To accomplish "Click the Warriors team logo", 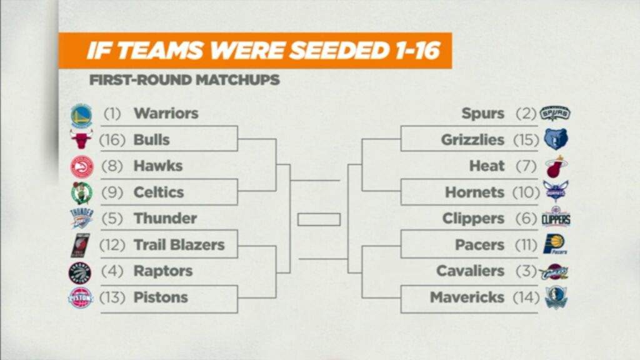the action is click(x=82, y=116).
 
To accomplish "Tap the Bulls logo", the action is click(x=82, y=139).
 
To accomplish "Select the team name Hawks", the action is click(x=158, y=166).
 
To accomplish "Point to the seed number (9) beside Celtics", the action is click(x=112, y=192).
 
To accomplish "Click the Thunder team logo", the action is click(x=82, y=218).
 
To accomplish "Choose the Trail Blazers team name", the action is click(x=179, y=244).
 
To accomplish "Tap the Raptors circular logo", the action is click(x=81, y=273).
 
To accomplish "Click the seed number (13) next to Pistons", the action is click(x=112, y=297).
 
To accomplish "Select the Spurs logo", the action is click(x=555, y=113).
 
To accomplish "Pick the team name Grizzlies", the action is click(x=472, y=140).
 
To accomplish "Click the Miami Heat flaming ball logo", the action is click(x=556, y=166).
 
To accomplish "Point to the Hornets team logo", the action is click(x=556, y=191).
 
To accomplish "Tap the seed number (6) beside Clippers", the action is click(x=526, y=218).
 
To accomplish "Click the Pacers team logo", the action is click(x=555, y=244).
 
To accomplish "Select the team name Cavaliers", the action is click(x=470, y=271).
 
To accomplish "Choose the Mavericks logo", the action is click(x=556, y=297).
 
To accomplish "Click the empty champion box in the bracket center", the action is click(x=319, y=219).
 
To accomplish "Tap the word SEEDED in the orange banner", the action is click(x=338, y=51).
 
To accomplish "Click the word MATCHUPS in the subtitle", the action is click(x=237, y=79).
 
